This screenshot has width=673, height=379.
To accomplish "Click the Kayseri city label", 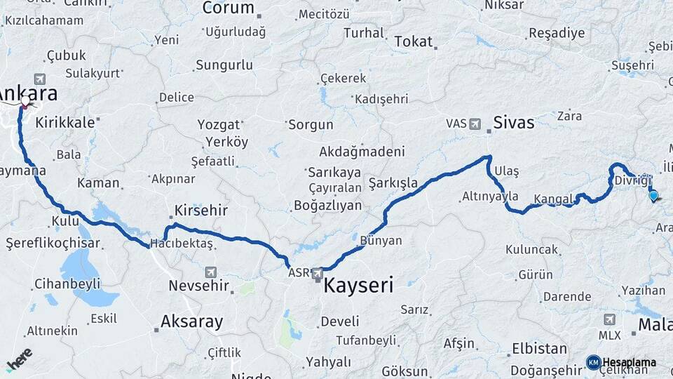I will tap(358, 285).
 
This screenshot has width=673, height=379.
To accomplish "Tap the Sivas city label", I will tap(515, 123).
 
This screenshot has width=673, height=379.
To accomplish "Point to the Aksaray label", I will tap(191, 322).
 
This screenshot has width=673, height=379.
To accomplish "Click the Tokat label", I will tap(413, 42).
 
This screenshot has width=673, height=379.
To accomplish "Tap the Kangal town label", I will tap(553, 199).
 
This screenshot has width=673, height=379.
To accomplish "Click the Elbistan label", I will tap(539, 348).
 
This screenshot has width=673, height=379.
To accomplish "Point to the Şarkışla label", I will tap(393, 182).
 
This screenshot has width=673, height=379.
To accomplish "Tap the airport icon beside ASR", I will tap(318, 273).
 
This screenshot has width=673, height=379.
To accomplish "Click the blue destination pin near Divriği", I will tap(653, 196).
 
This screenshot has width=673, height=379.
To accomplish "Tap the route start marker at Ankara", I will tap(25, 102).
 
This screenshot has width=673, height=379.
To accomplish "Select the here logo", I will tap(19, 359).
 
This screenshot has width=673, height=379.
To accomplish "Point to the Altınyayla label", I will tap(490, 196).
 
